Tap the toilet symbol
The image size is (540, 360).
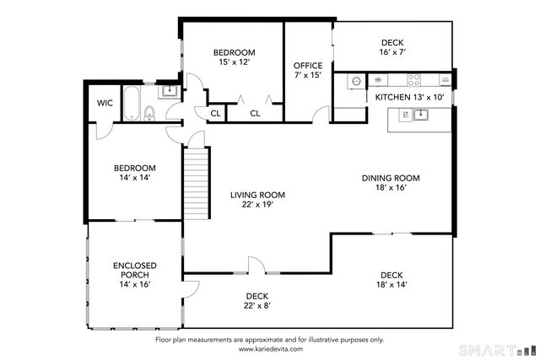coord(150,112)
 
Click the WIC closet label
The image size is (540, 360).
coord(105,103)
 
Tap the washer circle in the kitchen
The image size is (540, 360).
coord(356,82)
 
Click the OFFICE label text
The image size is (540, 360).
coord(307,66)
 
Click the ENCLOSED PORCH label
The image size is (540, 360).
coord(135,271)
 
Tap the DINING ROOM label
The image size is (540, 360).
coord(391,178)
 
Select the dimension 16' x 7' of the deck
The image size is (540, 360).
coord(393,51)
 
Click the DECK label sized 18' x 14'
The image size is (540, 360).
coord(391,275)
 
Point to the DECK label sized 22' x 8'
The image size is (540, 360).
coord(257,296)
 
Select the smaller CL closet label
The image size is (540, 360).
coord(215,113)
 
